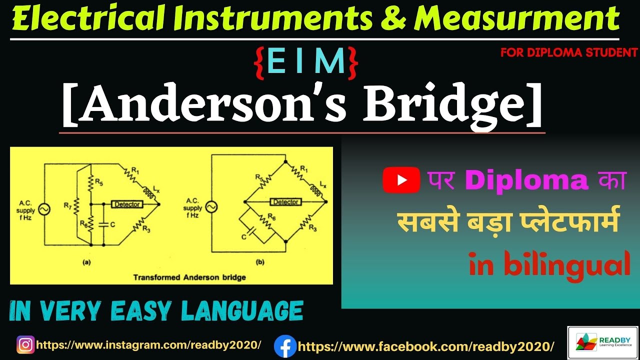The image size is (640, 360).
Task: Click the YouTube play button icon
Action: pyautogui.click(x=401, y=180)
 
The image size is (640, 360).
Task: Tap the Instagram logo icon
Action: pyautogui.click(x=25, y=344)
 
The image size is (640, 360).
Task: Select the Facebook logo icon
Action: pyautogui.click(x=284, y=346)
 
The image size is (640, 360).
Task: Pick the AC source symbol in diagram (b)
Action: pyautogui.click(x=210, y=205)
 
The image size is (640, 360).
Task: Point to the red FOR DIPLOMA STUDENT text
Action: pyautogui.click(x=569, y=52)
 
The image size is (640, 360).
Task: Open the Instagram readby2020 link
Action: pyautogui.click(x=148, y=345)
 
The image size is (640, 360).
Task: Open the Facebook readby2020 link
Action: pyautogui.click(x=426, y=346)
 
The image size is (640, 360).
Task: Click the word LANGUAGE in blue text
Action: pyautogui.click(x=242, y=310)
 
